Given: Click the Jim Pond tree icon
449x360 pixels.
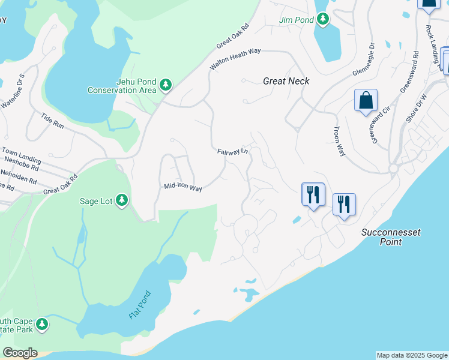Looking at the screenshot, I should (x=324, y=19).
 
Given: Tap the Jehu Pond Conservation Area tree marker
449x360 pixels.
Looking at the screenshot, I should (x=166, y=86).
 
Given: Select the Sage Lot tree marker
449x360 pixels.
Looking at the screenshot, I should (x=122, y=200).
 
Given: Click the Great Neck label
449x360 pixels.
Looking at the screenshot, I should (x=286, y=80).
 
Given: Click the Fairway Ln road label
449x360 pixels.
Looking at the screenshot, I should (x=233, y=151).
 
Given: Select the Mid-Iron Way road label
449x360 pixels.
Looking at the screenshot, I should (x=183, y=187).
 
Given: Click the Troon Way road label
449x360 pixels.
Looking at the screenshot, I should (x=339, y=142).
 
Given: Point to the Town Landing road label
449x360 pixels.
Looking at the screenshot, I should (x=21, y=155).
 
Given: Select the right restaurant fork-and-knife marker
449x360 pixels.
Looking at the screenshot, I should (x=344, y=204).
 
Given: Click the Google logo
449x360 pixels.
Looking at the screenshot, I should (x=20, y=353).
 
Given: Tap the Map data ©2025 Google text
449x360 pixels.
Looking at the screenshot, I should (x=412, y=355).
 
